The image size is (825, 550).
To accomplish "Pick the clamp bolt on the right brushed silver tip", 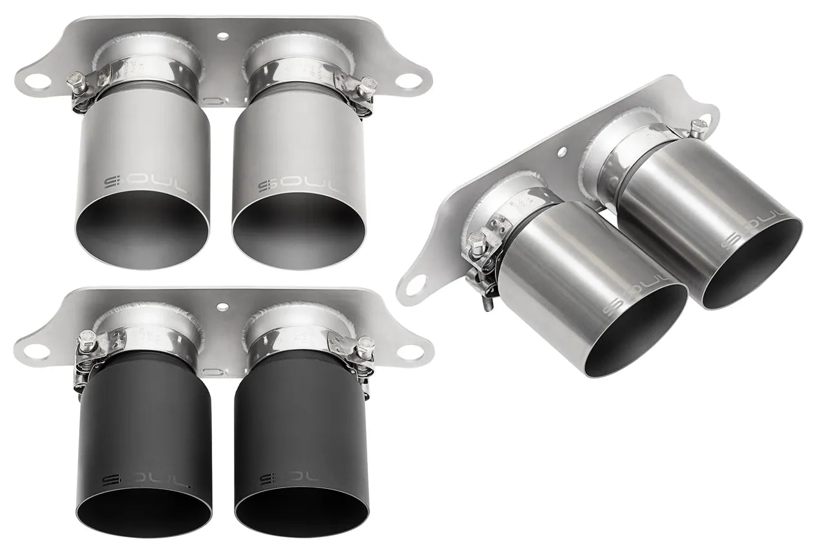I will click(x=369, y=84).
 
